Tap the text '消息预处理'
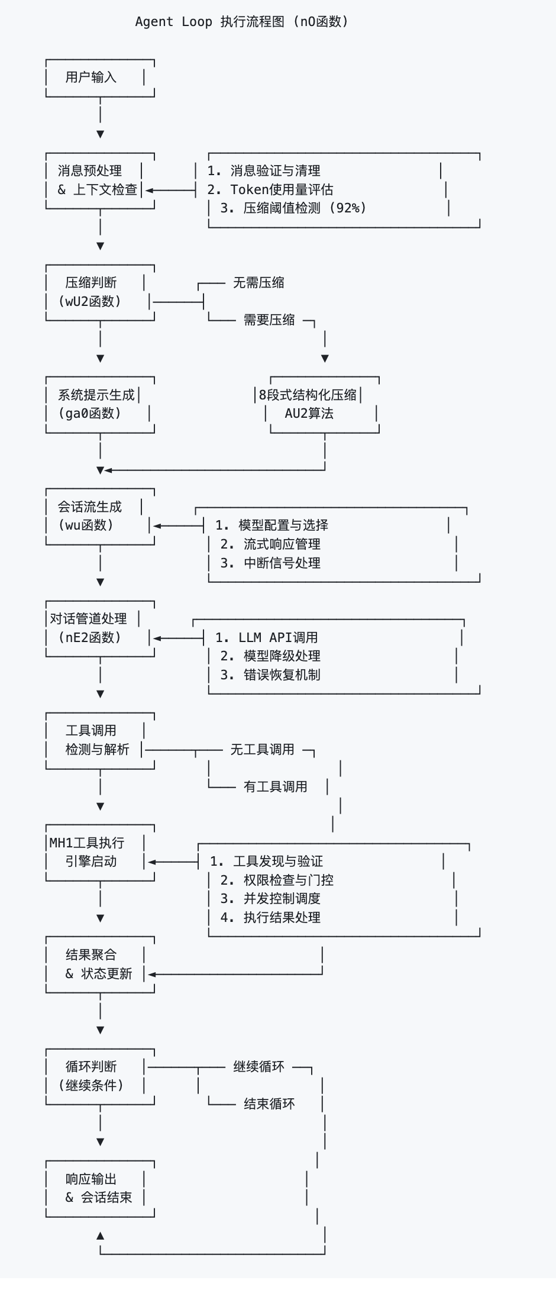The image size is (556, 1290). coord(90,171)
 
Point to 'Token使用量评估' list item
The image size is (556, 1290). coord(282,189)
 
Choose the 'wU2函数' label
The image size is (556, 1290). coord(90,301)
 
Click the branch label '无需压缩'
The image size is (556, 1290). coord(258,283)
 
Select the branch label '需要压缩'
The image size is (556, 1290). coord(269,320)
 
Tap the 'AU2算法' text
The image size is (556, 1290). coord(309,413)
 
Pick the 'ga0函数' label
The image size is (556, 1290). coord(90,413)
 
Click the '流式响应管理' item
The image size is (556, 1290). coord(282,544)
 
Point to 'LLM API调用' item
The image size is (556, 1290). coord(278,637)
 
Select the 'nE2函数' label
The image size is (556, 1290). coord(90,637)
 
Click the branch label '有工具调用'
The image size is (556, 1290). coord(275,786)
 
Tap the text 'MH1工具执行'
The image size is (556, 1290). coord(87,843)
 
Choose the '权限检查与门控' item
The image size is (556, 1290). coord(288,880)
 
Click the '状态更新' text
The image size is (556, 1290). coord(106,973)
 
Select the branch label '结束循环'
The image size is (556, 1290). coord(269,1104)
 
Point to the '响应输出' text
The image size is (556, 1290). coord(91,1179)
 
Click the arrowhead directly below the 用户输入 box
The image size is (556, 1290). coord(101,134)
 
